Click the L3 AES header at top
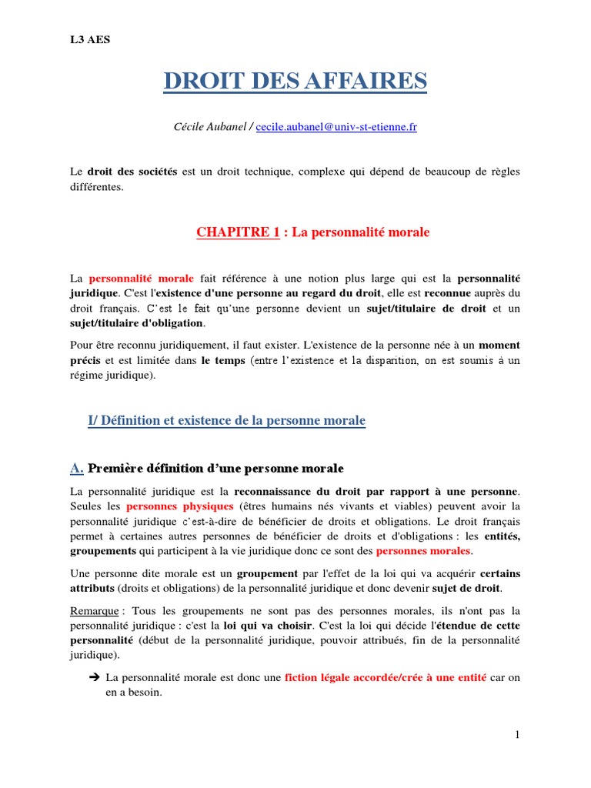point(90,40)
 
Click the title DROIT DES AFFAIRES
point(295,81)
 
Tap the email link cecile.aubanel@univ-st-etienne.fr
point(336,127)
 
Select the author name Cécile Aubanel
point(209,127)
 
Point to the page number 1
point(518,735)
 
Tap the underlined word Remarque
point(94,610)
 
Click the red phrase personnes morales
point(423,551)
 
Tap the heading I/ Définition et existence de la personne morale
point(227,420)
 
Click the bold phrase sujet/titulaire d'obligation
point(137,322)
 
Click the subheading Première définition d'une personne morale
point(216,468)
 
